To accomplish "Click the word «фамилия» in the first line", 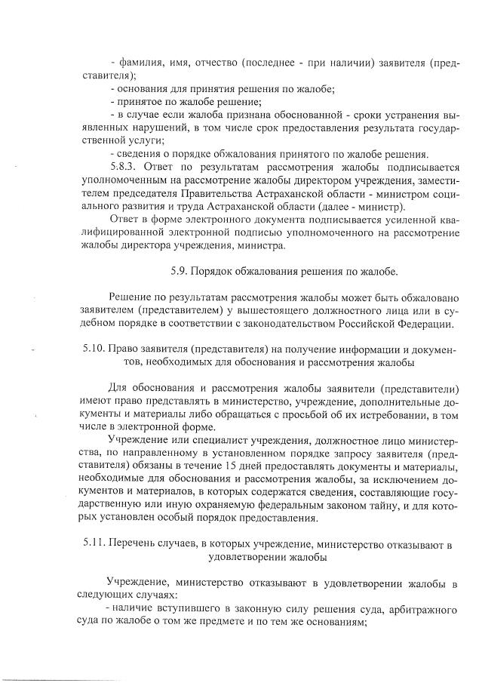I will point(137,63).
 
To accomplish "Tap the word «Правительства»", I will point(190,194).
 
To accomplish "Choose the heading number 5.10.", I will point(94,351).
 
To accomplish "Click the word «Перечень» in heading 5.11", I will point(130,545).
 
